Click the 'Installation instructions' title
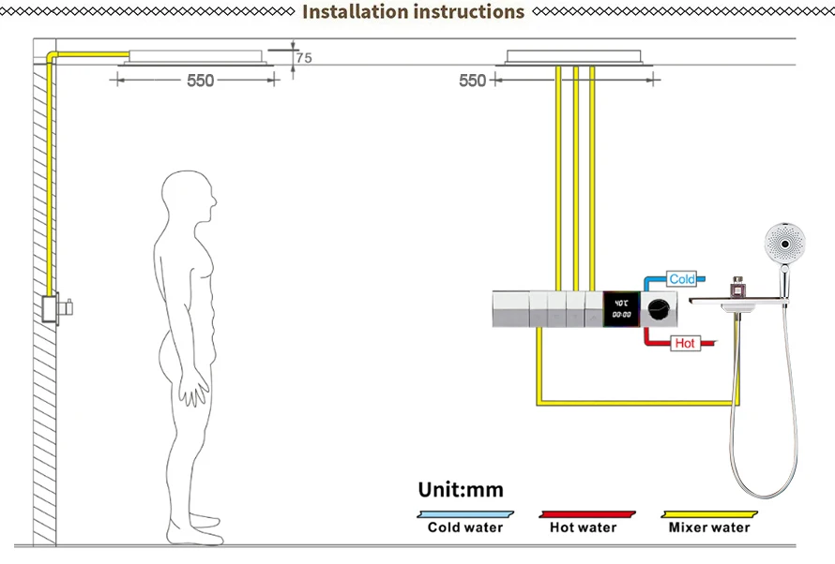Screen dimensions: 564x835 (x=413, y=12)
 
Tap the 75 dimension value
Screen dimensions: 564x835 (x=303, y=58)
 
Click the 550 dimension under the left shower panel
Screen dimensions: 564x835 (x=200, y=82)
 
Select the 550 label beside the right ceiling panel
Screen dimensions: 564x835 (x=472, y=82)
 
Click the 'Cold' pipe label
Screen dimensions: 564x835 (x=682, y=279)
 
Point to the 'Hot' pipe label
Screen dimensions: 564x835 (x=686, y=344)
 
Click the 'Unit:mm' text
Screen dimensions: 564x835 (x=460, y=490)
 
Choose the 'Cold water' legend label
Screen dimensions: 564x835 (x=464, y=527)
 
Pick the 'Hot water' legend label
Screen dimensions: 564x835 (x=584, y=527)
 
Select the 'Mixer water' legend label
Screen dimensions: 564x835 (x=709, y=527)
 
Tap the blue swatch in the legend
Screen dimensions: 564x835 (x=464, y=513)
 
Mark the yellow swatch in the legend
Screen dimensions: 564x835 (x=708, y=513)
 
